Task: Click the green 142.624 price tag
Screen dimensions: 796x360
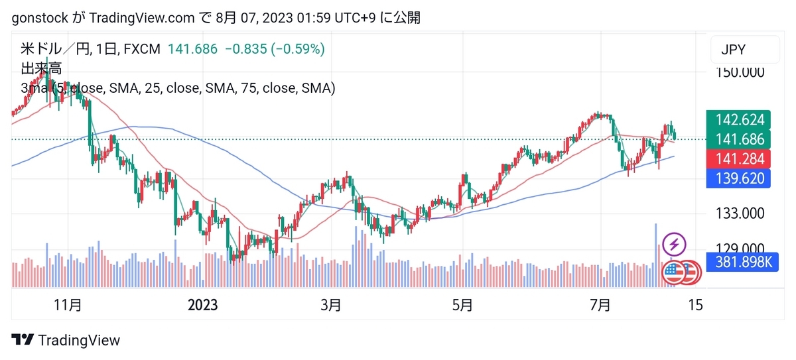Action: coord(738,119)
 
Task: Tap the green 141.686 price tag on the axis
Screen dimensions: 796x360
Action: coord(738,139)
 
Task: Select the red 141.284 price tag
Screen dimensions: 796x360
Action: coord(738,158)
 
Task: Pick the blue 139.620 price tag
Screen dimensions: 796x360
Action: coord(738,178)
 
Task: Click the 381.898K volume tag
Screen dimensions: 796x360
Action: coord(742,262)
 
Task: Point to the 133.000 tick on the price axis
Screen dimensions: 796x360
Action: coord(740,213)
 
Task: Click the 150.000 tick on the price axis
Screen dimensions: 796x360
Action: coord(740,72)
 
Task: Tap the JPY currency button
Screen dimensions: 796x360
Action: coord(745,49)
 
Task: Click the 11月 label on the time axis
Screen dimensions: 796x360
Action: coord(68,305)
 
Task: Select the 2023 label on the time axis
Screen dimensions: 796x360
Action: coord(202,305)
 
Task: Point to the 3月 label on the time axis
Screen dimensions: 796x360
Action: coord(331,305)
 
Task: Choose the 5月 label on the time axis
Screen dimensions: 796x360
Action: coord(462,305)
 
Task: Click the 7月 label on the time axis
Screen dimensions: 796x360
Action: coord(600,305)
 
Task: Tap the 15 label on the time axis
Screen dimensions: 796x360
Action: coord(695,305)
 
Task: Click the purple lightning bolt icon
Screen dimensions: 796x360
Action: coord(674,244)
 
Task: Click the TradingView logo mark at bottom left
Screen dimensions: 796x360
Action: coord(23,339)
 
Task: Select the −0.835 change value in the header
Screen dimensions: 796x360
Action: coord(246,49)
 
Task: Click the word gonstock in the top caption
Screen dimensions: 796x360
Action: coord(40,18)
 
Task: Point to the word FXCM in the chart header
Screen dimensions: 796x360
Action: coord(142,49)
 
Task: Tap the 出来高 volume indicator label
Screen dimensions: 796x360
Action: coord(41,68)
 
